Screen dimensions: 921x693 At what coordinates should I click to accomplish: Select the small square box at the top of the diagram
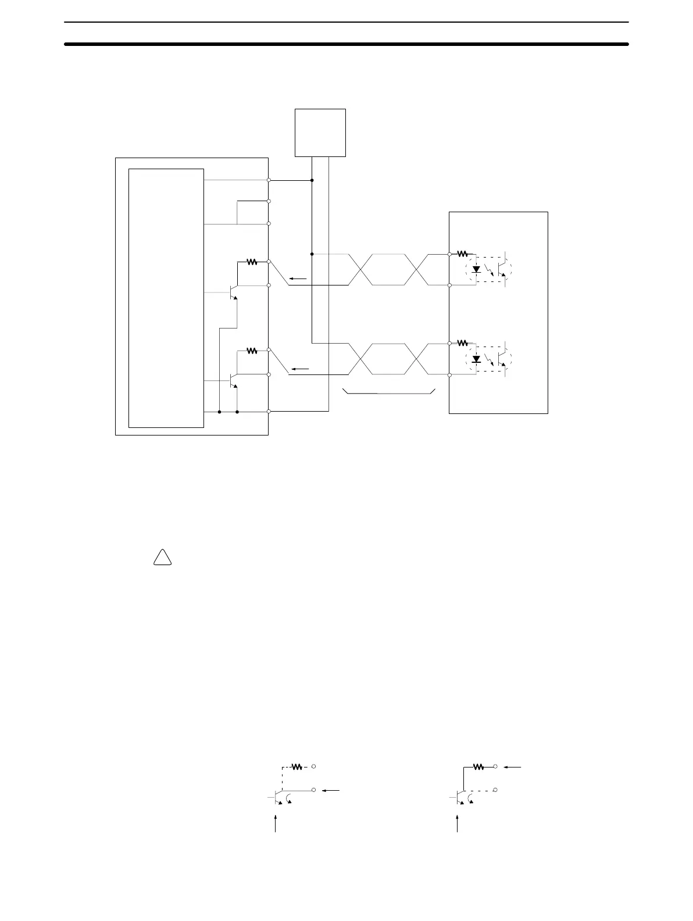(320, 133)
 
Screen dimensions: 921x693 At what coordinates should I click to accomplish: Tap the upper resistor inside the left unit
(252, 262)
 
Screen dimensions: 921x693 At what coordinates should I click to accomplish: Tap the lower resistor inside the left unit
(252, 351)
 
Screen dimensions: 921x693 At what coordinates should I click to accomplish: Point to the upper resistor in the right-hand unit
(463, 254)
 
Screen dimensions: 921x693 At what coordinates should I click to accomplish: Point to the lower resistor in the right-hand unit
(463, 342)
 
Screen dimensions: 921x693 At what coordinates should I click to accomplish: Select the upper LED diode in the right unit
(476, 269)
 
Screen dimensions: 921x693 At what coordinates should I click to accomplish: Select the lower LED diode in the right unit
(476, 359)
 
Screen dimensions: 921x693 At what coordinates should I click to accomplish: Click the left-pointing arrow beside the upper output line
(298, 279)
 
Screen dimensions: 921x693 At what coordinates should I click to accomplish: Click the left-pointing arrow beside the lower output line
(300, 369)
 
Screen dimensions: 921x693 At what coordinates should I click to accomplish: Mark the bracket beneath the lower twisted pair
(390, 392)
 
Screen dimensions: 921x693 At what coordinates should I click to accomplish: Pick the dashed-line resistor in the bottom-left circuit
(297, 767)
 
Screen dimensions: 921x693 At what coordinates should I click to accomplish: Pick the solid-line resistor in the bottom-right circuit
(479, 767)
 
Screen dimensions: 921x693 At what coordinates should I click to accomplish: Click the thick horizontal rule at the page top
(346, 44)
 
